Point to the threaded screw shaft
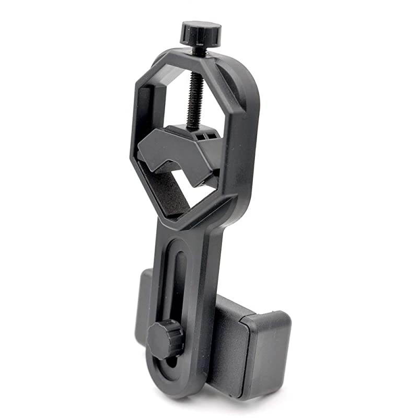tap(194, 99)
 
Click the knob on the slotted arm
tap(165, 339)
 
